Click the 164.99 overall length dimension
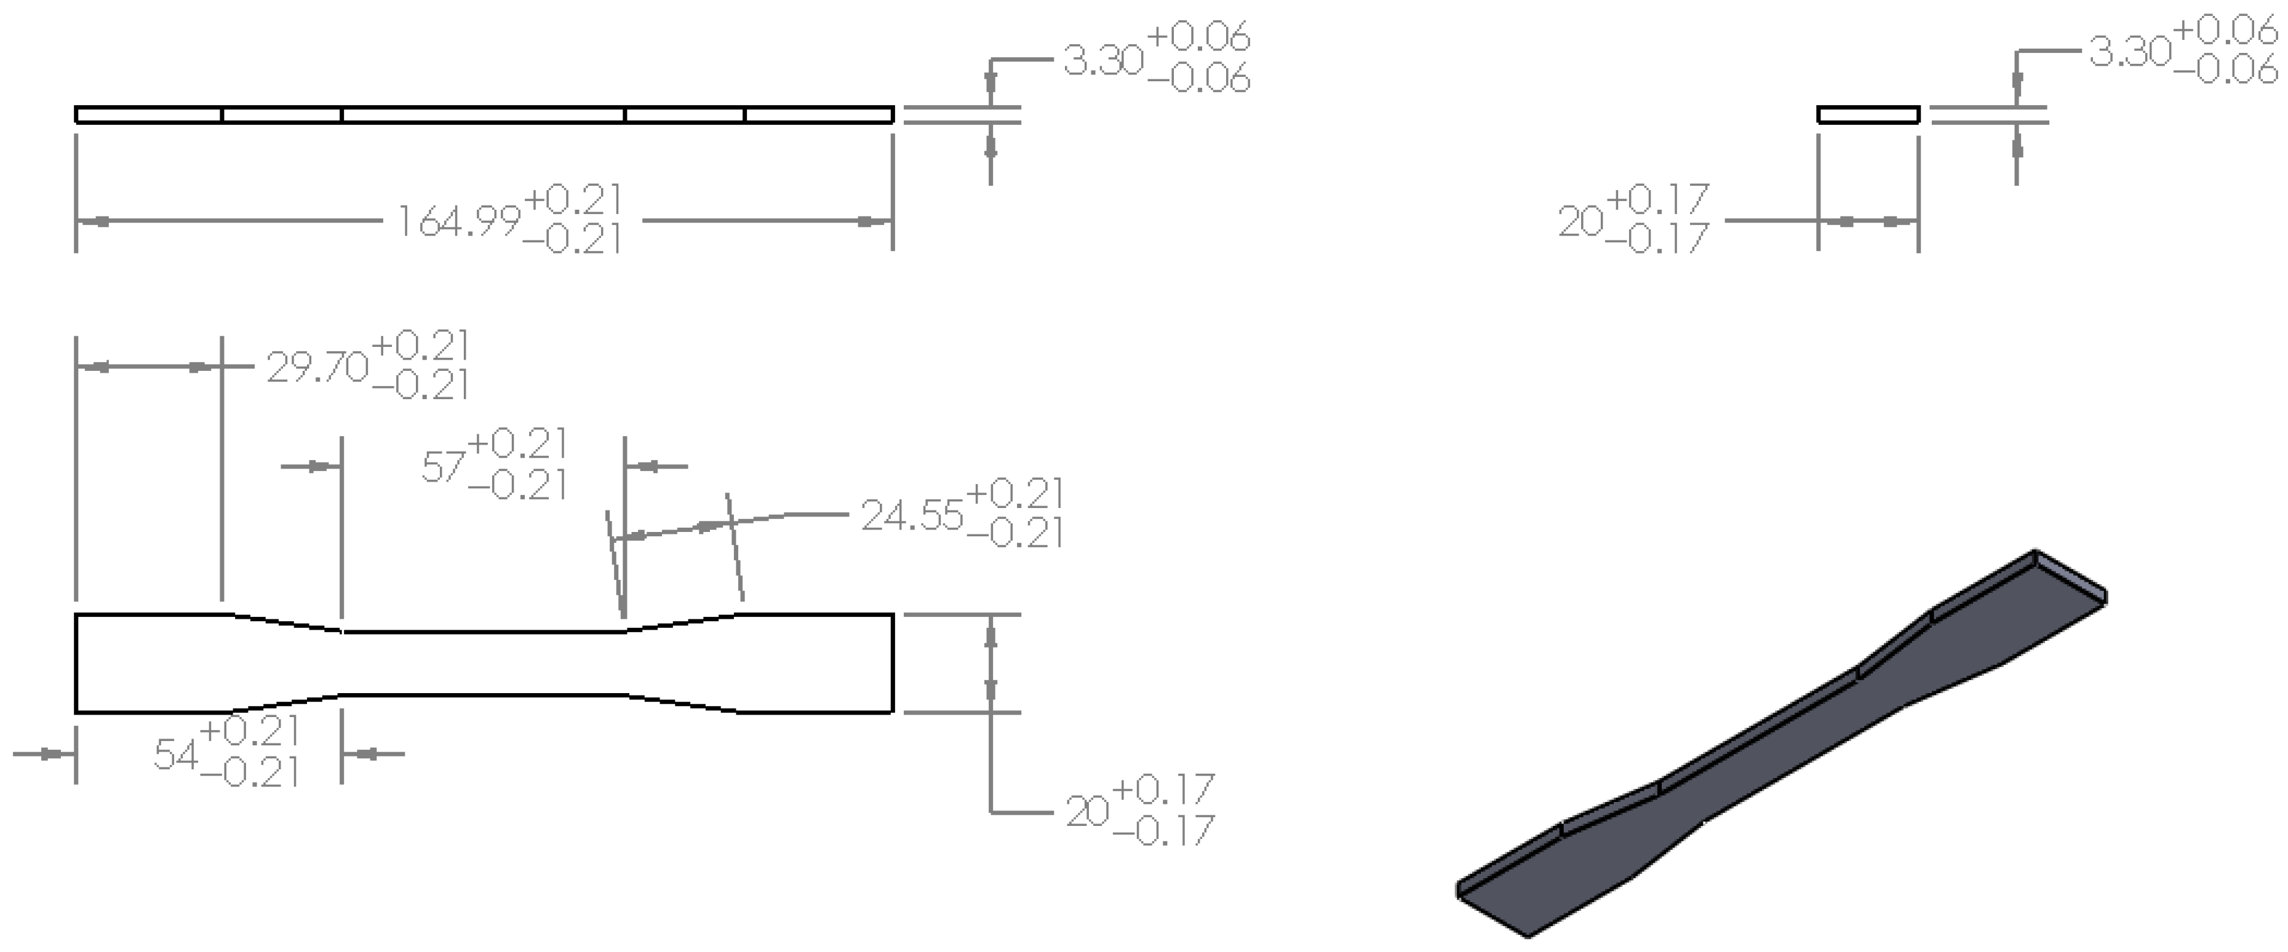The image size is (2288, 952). [x=458, y=222]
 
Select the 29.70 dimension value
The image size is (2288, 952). [x=317, y=367]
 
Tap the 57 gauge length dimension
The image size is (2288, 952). [x=443, y=466]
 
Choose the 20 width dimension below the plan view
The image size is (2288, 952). [x=1087, y=812]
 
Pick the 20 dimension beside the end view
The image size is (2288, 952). [x=1580, y=222]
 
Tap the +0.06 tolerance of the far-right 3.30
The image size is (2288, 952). [x=2225, y=32]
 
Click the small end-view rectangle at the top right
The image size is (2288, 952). [x=1868, y=114]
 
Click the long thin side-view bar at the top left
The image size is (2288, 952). [x=484, y=114]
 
